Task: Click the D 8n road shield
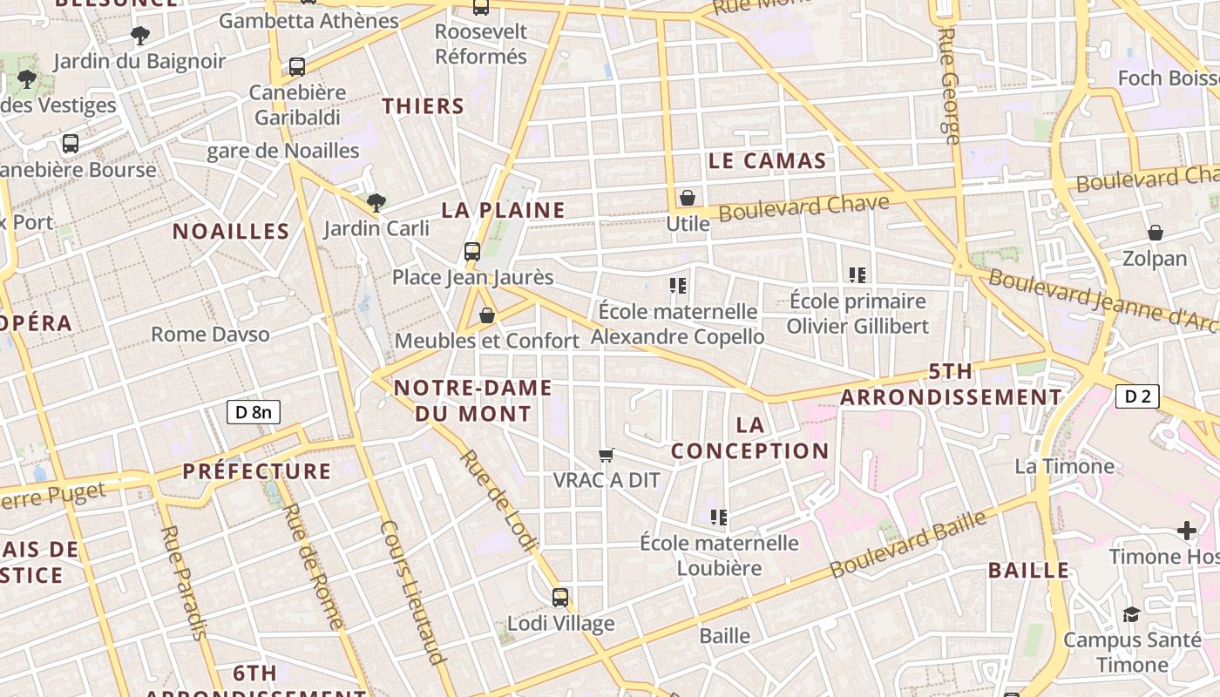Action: pos(254,412)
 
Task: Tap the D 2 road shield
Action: pos(1137,396)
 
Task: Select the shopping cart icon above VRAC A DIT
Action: pos(607,455)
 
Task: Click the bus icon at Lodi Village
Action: pos(560,598)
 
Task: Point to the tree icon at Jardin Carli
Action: pos(376,203)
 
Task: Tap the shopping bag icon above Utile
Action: pos(688,199)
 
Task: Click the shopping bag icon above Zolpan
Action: pos(1156,233)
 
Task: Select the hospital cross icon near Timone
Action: pos(1187,531)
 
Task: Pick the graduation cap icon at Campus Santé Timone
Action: pos(1131,614)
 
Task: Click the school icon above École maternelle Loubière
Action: pos(719,518)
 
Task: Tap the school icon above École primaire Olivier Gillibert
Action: pos(857,275)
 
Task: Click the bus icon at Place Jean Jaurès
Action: pos(472,252)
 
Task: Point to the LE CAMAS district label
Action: pos(767,160)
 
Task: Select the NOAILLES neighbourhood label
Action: pos(231,231)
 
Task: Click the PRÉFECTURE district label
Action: pos(257,471)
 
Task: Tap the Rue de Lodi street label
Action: pos(499,500)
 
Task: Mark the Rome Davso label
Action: pos(210,335)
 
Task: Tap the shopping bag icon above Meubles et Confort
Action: pos(487,315)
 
